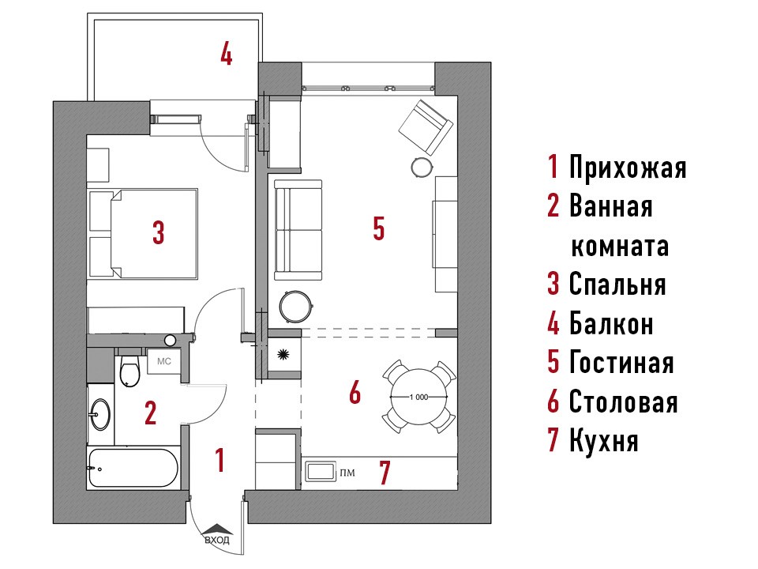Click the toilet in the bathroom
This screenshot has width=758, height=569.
coord(129,370)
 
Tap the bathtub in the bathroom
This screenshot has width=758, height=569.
coord(133,469)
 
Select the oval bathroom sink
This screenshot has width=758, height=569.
coord(100,414)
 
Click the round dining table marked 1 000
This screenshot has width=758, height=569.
coord(418,397)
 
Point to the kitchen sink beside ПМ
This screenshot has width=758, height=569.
coord(321,471)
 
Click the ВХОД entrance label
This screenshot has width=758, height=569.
coord(217,540)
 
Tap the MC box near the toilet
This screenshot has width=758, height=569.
coord(163,361)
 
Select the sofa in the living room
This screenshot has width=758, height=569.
coord(298,230)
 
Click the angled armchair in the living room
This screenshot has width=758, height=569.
coord(426,126)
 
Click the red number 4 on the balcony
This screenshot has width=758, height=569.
coord(227,53)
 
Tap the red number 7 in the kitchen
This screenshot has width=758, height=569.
coord(385,473)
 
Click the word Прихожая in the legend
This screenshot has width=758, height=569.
coord(628,167)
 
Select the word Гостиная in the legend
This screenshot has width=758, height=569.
coord(621,363)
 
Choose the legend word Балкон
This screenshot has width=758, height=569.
coord(611,323)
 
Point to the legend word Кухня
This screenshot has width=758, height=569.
coord(604,440)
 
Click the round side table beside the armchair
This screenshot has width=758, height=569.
coord(422,167)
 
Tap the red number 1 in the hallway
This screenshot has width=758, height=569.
coord(220,460)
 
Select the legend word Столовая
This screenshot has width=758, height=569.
coord(623,401)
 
